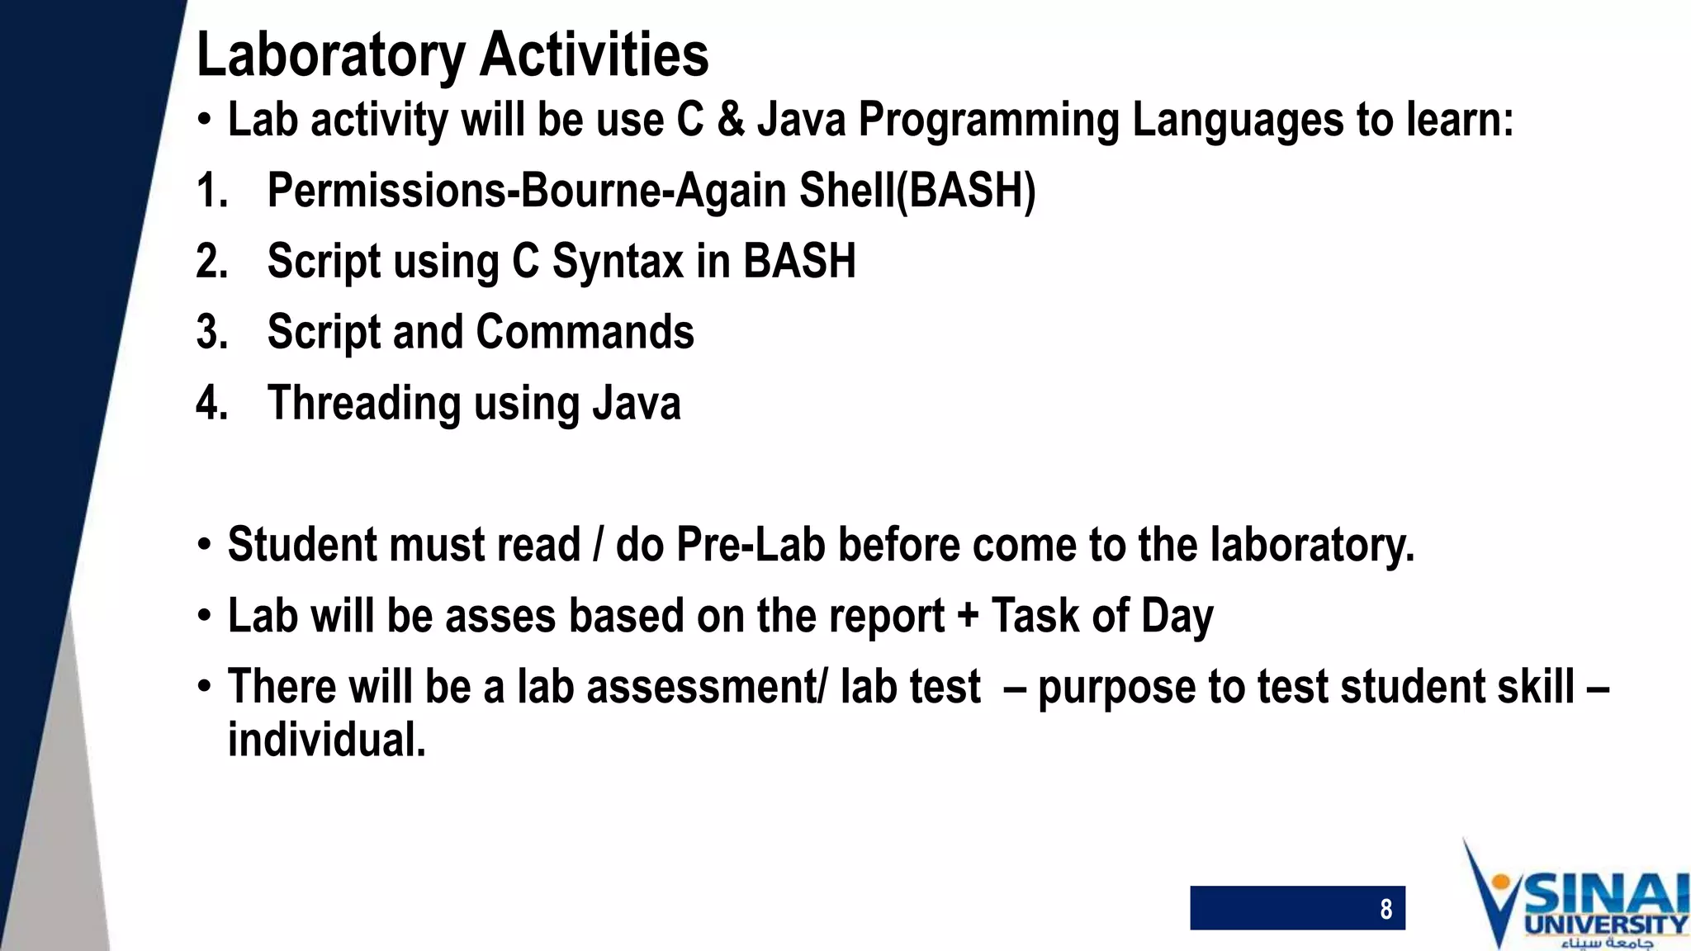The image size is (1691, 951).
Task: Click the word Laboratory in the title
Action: [330, 56]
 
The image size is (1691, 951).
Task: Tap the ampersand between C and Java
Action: [730, 120]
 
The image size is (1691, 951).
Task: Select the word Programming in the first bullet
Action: [988, 121]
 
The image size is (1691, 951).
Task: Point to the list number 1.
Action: [211, 191]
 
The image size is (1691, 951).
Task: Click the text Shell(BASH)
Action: [917, 191]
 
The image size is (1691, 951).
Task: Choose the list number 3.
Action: [211, 333]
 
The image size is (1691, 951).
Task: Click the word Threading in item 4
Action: [364, 404]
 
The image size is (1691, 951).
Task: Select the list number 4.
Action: [211, 404]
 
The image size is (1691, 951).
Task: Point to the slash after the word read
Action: [598, 546]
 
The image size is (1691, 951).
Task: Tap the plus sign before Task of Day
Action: [967, 617]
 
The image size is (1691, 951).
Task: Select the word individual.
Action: [326, 740]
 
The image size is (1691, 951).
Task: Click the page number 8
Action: [1385, 909]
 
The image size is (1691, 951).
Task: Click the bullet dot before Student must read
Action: [204, 546]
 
